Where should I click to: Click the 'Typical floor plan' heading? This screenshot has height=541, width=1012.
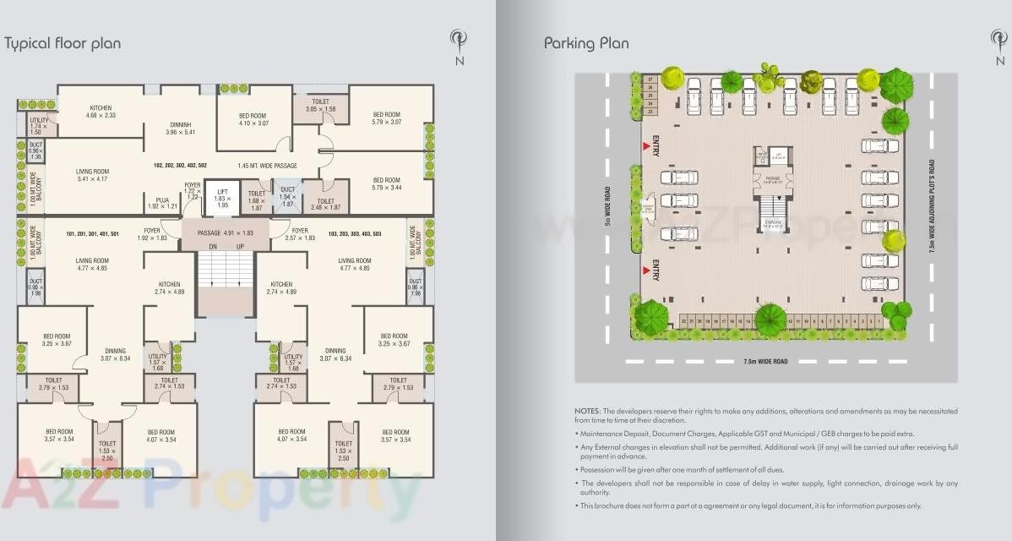pyautogui.click(x=63, y=43)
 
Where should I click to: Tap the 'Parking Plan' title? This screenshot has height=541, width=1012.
pyautogui.click(x=586, y=43)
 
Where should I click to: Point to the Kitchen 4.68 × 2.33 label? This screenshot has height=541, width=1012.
pyautogui.click(x=101, y=112)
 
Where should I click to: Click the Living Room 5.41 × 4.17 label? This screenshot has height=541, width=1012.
pyautogui.click(x=92, y=174)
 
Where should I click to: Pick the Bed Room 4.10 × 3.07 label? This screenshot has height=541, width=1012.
pyautogui.click(x=253, y=119)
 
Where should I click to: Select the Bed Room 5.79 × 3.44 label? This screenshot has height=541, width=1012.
pyautogui.click(x=386, y=183)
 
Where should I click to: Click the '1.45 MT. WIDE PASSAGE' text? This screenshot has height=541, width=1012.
pyautogui.click(x=267, y=166)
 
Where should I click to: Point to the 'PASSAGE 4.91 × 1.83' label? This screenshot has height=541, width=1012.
pyautogui.click(x=224, y=232)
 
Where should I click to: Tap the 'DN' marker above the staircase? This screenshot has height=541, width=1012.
pyautogui.click(x=213, y=246)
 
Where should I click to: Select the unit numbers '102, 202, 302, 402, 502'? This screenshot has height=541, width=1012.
pyautogui.click(x=180, y=166)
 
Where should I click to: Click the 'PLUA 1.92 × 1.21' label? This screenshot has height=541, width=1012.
pyautogui.click(x=163, y=203)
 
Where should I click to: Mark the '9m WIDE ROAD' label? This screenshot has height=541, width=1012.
pyautogui.click(x=607, y=207)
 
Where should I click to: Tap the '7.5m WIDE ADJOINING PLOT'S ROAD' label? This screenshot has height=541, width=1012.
pyautogui.click(x=932, y=207)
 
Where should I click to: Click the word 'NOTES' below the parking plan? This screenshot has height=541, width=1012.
pyautogui.click(x=588, y=411)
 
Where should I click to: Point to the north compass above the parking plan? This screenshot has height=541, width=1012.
pyautogui.click(x=1000, y=44)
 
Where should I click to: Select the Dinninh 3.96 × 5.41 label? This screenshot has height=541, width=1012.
pyautogui.click(x=181, y=128)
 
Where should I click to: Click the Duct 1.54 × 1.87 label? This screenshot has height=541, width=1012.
pyautogui.click(x=287, y=198)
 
